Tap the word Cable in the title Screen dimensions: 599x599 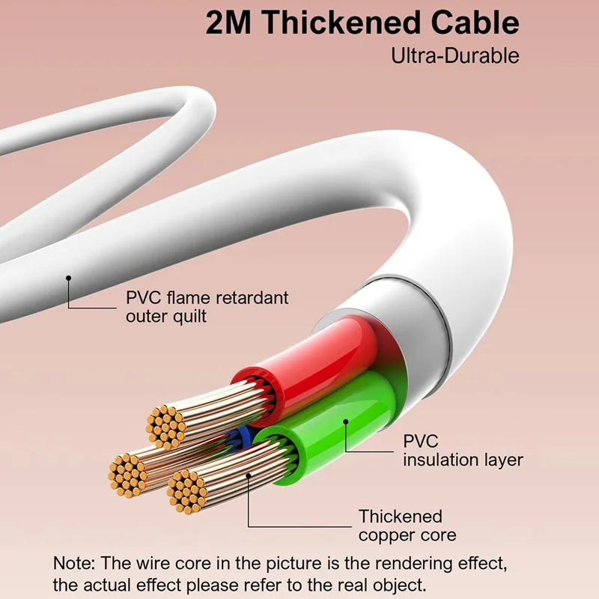(475, 23)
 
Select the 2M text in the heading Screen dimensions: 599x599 (228, 23)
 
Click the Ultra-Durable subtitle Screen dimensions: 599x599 (455, 55)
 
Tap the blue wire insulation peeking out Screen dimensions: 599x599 (243, 439)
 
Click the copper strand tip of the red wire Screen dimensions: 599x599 (165, 427)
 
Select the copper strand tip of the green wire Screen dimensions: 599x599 (186, 492)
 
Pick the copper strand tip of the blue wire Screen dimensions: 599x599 (127, 475)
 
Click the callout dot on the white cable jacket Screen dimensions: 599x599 (68, 278)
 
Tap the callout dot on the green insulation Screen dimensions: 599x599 (346, 422)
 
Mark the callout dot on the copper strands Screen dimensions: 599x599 (249, 475)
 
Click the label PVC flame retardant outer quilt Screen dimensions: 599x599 (207, 307)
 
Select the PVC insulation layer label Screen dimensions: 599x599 (463, 451)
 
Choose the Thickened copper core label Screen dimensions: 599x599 (407, 526)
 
